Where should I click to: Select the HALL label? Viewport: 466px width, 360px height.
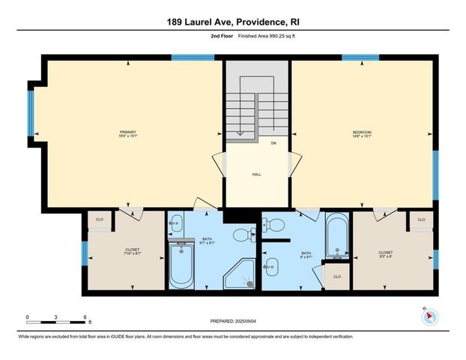(x=255, y=173)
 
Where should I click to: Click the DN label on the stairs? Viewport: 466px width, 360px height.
(x=273, y=142)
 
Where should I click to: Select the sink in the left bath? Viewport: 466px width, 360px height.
(x=176, y=223)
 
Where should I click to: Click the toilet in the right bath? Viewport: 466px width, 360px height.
(x=275, y=224)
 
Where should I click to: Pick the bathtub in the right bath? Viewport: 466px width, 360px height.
(x=336, y=234)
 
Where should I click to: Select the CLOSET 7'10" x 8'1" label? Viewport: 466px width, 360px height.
(x=133, y=251)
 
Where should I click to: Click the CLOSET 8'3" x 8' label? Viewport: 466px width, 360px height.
(x=386, y=253)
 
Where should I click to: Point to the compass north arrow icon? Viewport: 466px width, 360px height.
(x=429, y=316)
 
